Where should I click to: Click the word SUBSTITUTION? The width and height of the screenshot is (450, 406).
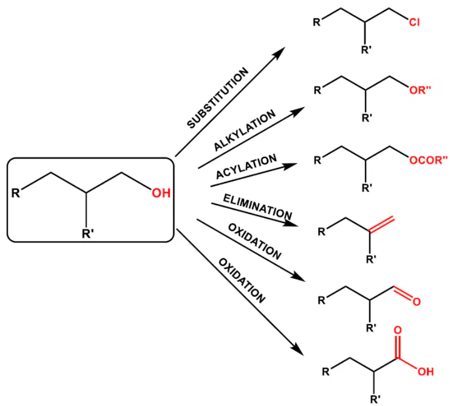point(218,98)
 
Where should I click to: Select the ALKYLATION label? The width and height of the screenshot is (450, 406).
point(245,130)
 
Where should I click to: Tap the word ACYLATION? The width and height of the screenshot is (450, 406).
point(246,166)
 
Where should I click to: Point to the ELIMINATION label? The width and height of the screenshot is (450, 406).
point(258,207)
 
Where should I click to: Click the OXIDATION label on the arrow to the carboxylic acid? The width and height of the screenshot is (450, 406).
point(242,280)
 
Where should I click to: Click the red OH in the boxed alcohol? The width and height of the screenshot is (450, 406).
point(161,193)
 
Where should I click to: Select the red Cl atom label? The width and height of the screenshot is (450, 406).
point(414,22)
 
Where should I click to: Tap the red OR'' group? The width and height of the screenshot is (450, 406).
point(420,90)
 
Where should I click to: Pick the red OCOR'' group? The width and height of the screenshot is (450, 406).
point(428,160)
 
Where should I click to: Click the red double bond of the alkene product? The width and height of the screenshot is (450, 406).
point(382,224)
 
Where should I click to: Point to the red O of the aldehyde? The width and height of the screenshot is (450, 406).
point(417,302)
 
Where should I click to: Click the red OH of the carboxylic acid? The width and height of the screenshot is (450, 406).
point(426,372)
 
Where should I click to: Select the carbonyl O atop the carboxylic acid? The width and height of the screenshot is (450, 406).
point(397,330)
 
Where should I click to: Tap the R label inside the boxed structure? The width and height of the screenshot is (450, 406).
point(16,193)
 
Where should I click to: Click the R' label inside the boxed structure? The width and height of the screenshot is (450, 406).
point(88,233)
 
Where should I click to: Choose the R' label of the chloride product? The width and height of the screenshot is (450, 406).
point(366,50)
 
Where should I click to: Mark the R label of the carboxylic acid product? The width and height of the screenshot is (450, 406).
point(326,372)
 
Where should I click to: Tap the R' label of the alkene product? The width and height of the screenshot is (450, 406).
point(371,259)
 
